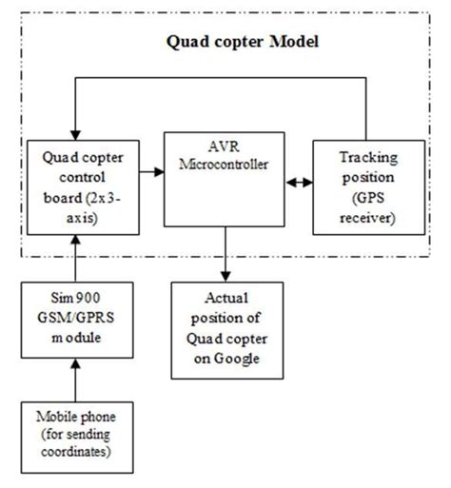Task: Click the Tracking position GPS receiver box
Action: (366, 188)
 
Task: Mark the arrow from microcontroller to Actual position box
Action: (225, 258)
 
